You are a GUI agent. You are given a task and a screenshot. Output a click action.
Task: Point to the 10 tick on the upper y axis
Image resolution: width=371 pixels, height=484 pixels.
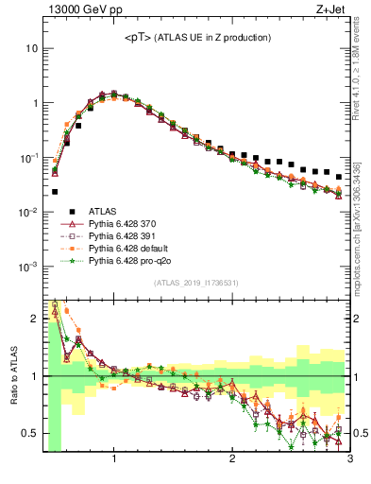click(32, 48)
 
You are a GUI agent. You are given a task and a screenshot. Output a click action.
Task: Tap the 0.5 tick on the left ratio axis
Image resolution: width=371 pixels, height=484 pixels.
click(31, 434)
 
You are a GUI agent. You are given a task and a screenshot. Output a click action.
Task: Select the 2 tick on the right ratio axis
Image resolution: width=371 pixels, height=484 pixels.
click(357, 319)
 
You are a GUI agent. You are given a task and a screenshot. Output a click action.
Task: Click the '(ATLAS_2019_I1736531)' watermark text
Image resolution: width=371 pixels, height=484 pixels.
click(196, 284)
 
